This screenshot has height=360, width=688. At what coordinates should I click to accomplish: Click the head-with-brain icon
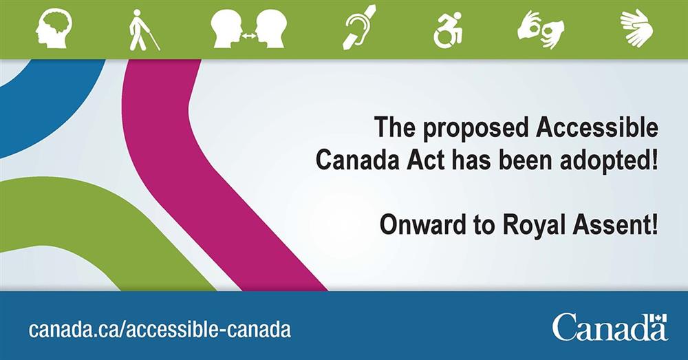click(x=55, y=29)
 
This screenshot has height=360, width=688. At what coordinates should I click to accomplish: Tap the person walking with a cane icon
click(x=143, y=30)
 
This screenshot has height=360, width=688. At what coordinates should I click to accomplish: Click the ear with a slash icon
click(x=361, y=28)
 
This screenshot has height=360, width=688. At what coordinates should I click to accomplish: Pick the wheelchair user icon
click(x=448, y=30)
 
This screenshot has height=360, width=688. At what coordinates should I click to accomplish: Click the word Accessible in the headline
click(x=598, y=128)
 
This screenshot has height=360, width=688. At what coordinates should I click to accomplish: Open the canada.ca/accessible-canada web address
click(x=160, y=329)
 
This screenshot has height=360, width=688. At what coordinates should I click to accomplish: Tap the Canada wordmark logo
click(x=610, y=327)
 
